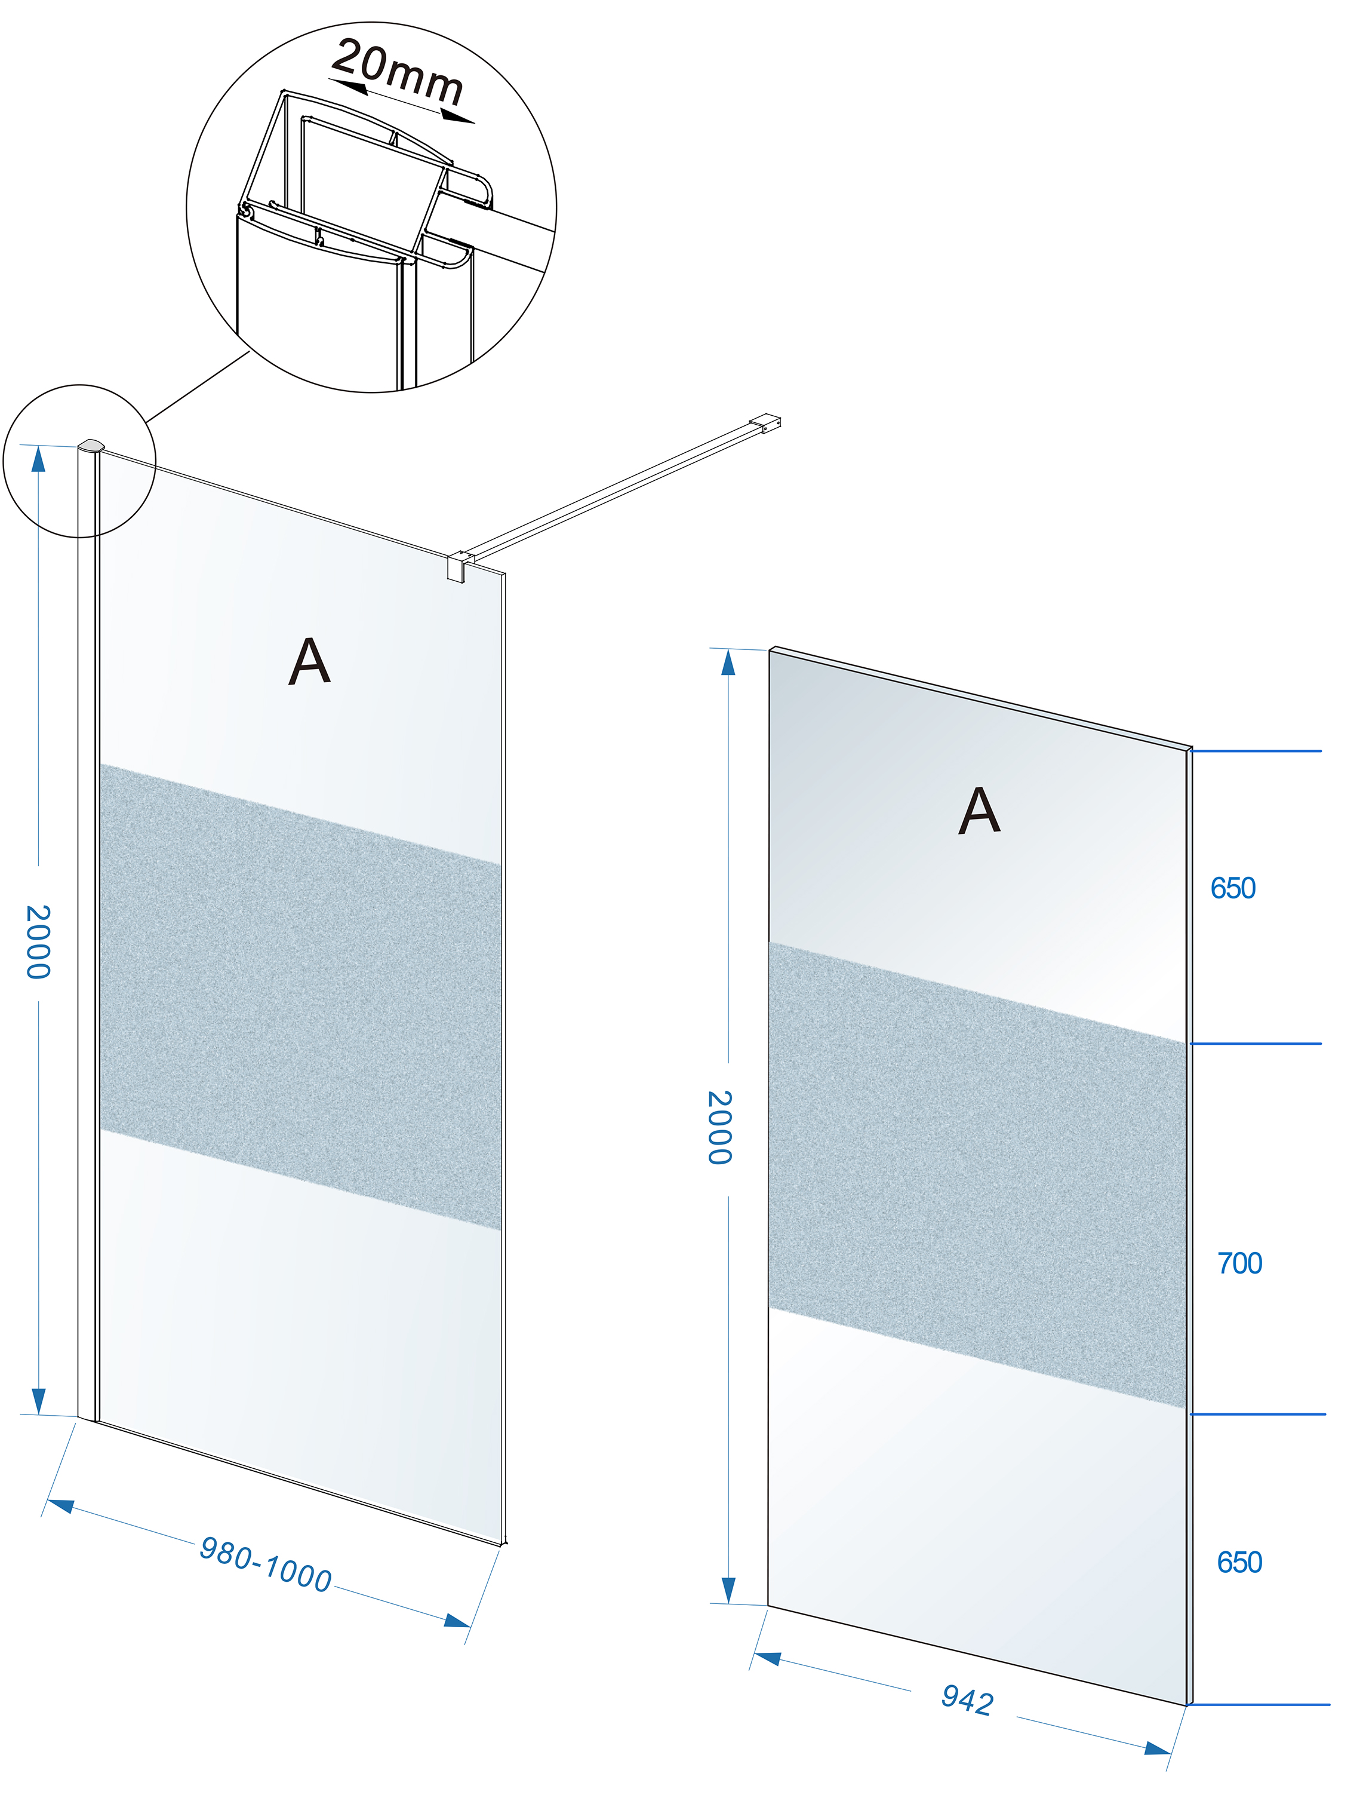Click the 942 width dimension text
pyautogui.click(x=968, y=1701)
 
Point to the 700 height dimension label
pyautogui.click(x=1239, y=1263)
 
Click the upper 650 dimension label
pyautogui.click(x=1233, y=888)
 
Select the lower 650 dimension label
pyautogui.click(x=1239, y=1563)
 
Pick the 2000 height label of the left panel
pyautogui.click(x=38, y=941)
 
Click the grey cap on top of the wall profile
pyautogui.click(x=91, y=445)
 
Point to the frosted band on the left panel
pyautogui.click(x=300, y=996)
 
